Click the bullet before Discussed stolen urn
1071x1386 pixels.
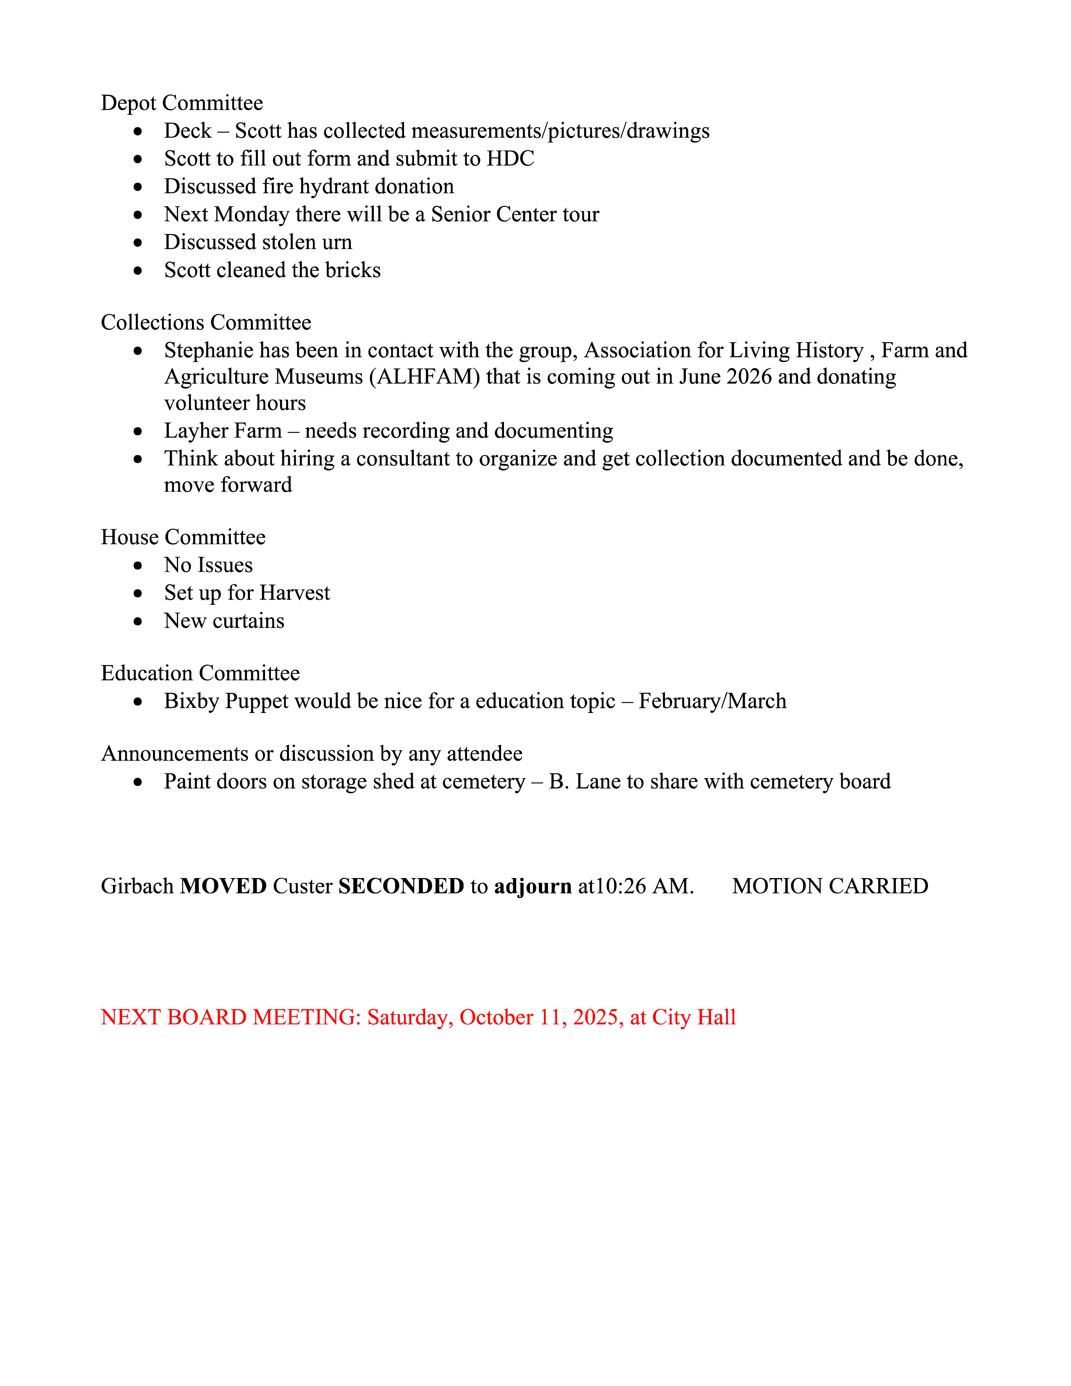coord(138,242)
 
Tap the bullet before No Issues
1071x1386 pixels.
coord(138,565)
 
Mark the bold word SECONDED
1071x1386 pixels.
coord(401,886)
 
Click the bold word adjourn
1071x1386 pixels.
coord(533,886)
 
